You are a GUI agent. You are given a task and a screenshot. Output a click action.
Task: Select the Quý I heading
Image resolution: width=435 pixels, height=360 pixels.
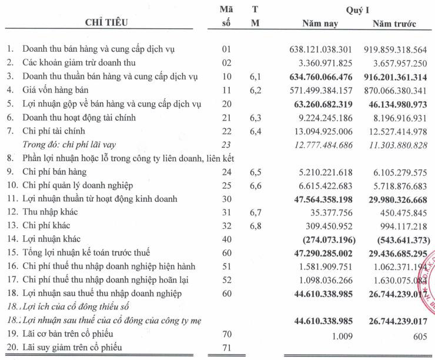(x=357, y=10)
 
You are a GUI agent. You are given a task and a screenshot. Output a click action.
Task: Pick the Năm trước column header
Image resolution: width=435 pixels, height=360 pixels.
(x=394, y=24)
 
